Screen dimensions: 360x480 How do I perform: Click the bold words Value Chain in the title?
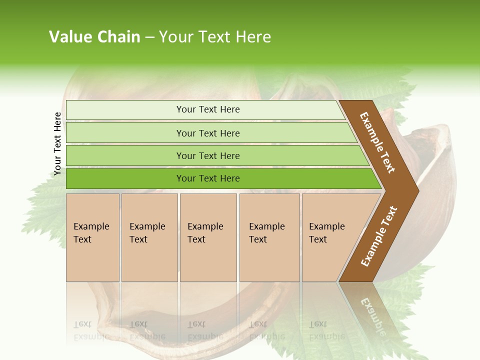[94, 37]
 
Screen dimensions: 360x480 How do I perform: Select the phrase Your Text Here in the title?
[215, 37]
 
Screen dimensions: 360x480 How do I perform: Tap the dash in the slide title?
[149, 37]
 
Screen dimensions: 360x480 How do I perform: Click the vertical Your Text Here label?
[57, 143]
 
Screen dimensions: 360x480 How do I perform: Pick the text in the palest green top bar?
[208, 109]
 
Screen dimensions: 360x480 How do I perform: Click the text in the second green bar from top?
[208, 133]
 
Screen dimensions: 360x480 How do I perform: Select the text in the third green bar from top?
[208, 155]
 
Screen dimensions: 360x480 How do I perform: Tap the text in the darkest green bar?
[208, 178]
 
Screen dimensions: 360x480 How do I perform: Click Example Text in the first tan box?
[91, 233]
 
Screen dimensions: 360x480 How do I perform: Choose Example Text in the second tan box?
[147, 233]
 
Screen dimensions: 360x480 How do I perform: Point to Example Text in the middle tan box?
[205, 233]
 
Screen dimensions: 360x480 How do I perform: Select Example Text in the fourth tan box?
[266, 233]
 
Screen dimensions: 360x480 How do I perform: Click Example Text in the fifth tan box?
[326, 233]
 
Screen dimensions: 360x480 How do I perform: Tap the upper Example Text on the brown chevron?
[377, 142]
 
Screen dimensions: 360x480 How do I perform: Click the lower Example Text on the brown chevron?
[378, 236]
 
